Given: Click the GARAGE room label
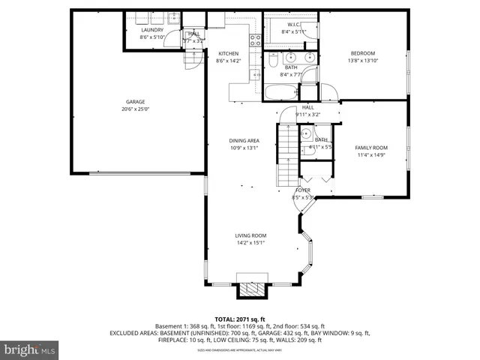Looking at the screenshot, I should click(x=135, y=102).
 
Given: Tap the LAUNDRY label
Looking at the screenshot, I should click(x=152, y=30).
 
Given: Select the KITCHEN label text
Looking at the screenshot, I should click(x=228, y=54).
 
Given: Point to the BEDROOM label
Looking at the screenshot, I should click(x=363, y=54).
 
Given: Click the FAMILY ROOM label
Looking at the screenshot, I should click(x=370, y=148).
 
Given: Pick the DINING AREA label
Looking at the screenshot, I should click(x=244, y=140).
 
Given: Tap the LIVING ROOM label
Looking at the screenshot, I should click(x=250, y=235).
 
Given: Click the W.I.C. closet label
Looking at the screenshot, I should click(x=293, y=25).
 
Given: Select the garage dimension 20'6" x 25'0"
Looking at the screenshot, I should click(x=135, y=109).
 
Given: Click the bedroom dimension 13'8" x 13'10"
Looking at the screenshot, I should click(x=363, y=61).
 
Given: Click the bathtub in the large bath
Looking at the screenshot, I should click(x=281, y=94).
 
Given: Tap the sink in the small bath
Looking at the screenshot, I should click(x=306, y=135).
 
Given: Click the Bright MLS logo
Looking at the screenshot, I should click(x=30, y=349).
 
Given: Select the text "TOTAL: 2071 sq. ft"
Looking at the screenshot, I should click(x=239, y=319).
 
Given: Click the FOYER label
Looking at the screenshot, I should click(x=302, y=190).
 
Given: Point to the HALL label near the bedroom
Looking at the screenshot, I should click(x=308, y=107).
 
